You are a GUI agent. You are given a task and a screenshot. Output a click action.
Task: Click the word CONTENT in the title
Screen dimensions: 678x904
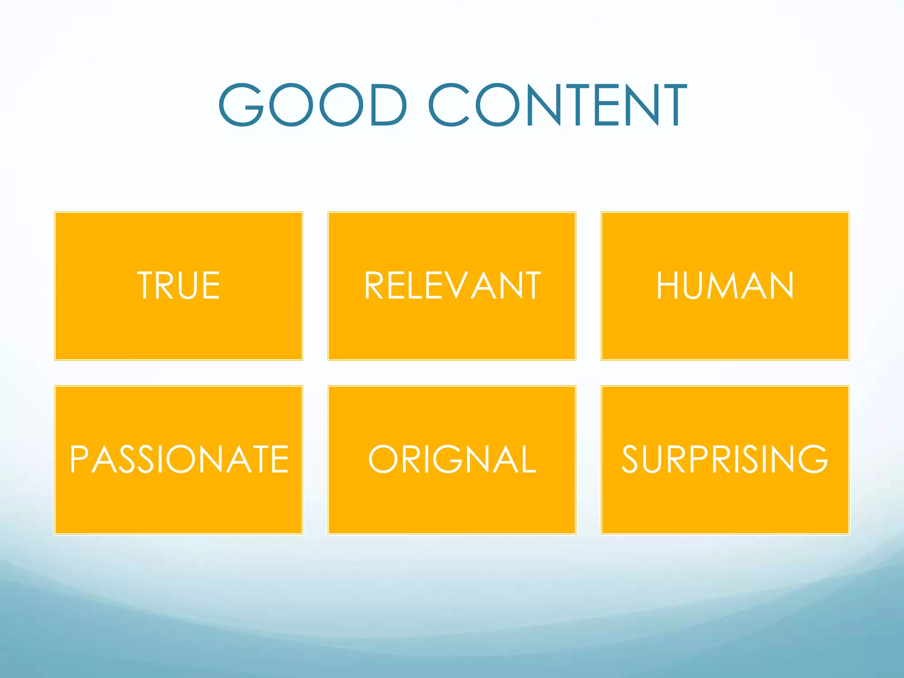pos(557,105)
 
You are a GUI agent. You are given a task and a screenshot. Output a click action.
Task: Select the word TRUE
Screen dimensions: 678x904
pos(178,286)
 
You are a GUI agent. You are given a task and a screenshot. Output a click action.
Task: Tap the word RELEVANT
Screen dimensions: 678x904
pos(452,286)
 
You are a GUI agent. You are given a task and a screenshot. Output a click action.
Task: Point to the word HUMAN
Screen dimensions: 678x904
pos(725,286)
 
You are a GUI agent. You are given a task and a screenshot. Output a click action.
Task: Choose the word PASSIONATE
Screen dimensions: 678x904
pos(179,460)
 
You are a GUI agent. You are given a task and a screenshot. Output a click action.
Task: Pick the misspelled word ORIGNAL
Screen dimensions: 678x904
pos(452,460)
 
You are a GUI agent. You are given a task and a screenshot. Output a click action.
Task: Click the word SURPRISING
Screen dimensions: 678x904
pos(725,460)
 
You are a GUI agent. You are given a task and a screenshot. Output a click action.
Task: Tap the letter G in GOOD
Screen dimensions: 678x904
pos(241,105)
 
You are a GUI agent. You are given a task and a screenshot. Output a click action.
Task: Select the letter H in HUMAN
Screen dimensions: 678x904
pos(667,286)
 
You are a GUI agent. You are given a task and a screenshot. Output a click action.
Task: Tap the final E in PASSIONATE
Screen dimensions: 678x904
pos(280,460)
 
